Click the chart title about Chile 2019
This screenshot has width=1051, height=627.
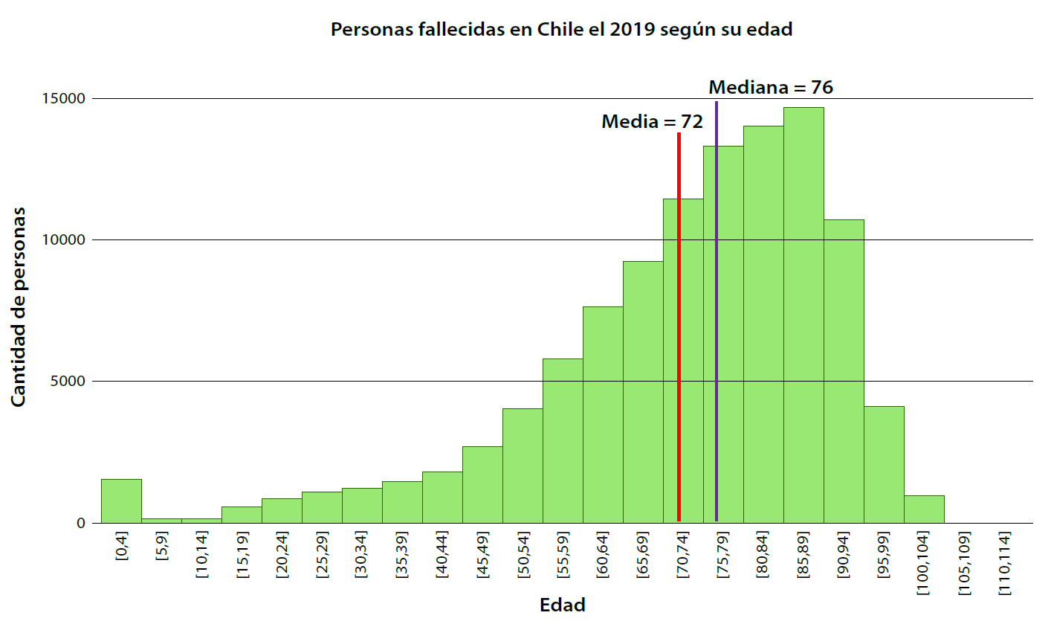[x=561, y=30]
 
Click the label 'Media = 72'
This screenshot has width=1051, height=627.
[x=652, y=121]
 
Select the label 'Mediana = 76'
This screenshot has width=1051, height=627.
[x=771, y=87]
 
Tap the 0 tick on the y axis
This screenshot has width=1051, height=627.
[x=81, y=523]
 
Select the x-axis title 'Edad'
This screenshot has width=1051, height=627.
[x=562, y=605]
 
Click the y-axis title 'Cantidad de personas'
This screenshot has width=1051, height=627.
[x=19, y=307]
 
